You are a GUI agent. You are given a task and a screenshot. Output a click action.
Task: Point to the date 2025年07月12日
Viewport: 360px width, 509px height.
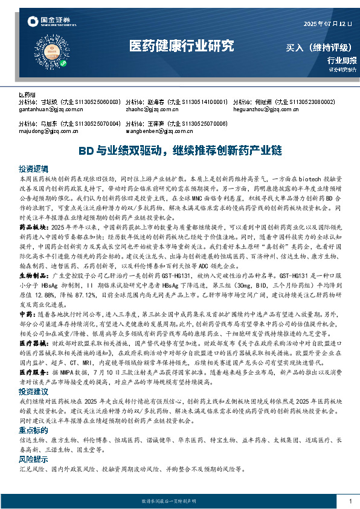(x=326, y=24)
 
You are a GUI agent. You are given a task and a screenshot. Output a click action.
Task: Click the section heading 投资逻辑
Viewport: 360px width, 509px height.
(x=32, y=169)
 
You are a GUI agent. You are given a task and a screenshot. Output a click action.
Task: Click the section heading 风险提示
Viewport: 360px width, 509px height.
(x=32, y=459)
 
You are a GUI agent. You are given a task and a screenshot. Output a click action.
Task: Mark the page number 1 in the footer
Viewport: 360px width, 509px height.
(x=350, y=501)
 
